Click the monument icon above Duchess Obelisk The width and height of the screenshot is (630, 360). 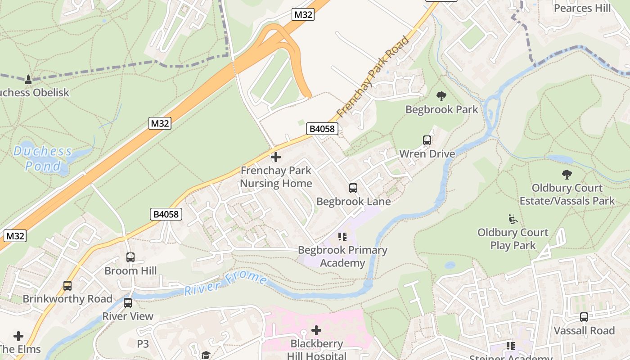(x=28, y=80)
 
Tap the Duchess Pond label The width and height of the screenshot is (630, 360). (x=42, y=158)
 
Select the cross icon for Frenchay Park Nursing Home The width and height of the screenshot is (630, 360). (x=276, y=157)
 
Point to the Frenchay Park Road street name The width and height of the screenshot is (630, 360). (x=373, y=76)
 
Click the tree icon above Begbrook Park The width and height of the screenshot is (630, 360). (x=441, y=96)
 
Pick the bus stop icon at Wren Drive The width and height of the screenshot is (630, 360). (x=427, y=140)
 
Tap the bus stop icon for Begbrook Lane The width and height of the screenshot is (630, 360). (x=353, y=188)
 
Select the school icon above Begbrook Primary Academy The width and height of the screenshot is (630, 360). (x=342, y=237)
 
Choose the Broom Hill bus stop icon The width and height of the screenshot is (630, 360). (x=130, y=257)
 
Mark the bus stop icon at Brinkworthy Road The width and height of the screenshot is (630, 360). (x=67, y=286)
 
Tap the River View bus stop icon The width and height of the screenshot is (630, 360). (x=128, y=303)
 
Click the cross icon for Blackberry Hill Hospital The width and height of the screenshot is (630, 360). (x=316, y=331)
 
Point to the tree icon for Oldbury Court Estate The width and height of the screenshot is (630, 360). (x=567, y=175)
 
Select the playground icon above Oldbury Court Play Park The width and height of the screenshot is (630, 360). (x=513, y=219)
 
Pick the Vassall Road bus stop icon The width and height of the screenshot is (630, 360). (x=584, y=317)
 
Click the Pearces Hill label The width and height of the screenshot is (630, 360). (x=582, y=8)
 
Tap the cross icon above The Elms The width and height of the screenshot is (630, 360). (x=18, y=336)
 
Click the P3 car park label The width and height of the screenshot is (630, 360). (x=143, y=344)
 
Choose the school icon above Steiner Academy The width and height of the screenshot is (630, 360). (x=511, y=346)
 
